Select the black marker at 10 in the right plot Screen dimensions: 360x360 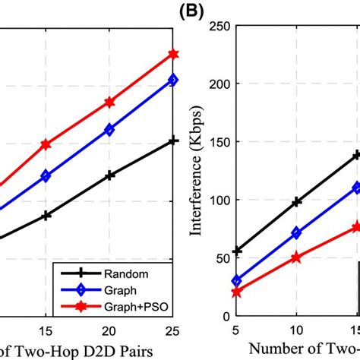pos(296,202)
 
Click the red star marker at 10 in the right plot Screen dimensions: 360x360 pos(296,258)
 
